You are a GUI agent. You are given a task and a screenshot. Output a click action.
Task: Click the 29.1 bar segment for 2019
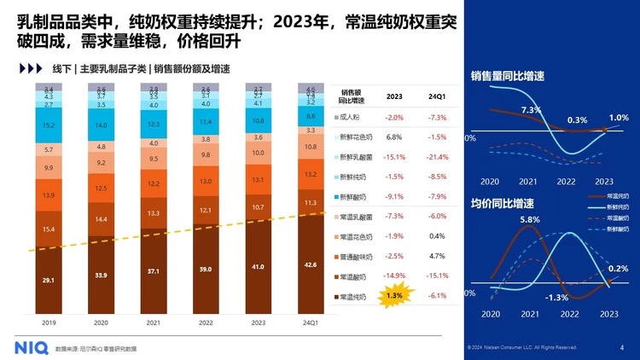coord(49,278)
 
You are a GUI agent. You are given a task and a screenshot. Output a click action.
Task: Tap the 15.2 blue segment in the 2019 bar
coord(49,125)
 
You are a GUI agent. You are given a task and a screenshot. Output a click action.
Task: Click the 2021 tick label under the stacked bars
coord(153,322)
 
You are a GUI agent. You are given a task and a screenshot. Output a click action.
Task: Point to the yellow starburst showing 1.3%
coord(395,296)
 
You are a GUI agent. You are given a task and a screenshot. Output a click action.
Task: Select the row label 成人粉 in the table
coord(351,117)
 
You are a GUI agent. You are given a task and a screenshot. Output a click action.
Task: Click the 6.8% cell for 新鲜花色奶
coord(394,136)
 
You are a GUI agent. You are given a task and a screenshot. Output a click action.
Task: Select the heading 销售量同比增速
coord(508,77)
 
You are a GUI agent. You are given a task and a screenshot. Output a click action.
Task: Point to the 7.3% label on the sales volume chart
coord(532,109)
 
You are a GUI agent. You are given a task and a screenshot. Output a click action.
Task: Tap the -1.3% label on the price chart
coord(556,297)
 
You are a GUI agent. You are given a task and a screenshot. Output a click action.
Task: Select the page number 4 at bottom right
coord(621,347)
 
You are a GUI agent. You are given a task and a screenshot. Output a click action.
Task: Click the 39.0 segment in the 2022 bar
coord(205,267)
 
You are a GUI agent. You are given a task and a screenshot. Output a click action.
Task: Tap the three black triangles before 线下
coord(30,68)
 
